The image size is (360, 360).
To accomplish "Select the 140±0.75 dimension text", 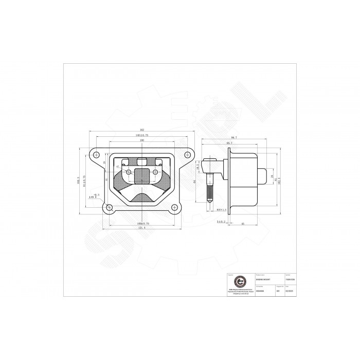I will click(141, 135).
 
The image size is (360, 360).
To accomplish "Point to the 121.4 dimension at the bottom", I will click(140, 228).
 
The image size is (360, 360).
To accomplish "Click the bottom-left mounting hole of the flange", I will click(109, 208).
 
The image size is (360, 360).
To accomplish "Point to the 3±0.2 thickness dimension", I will click(220, 221).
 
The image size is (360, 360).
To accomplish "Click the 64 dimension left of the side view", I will click(194, 181).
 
